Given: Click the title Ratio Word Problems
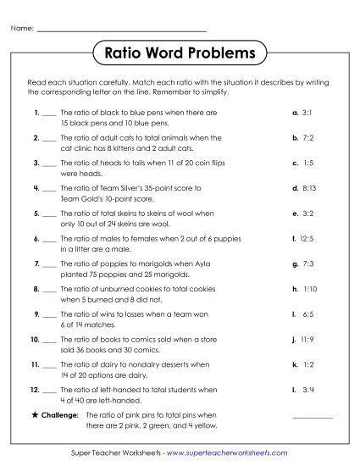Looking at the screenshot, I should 180,54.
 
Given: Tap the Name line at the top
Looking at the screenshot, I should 122,31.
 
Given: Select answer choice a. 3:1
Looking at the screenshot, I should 302,112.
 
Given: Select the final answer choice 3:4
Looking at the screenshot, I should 307,391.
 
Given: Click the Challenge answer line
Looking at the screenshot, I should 312,417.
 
